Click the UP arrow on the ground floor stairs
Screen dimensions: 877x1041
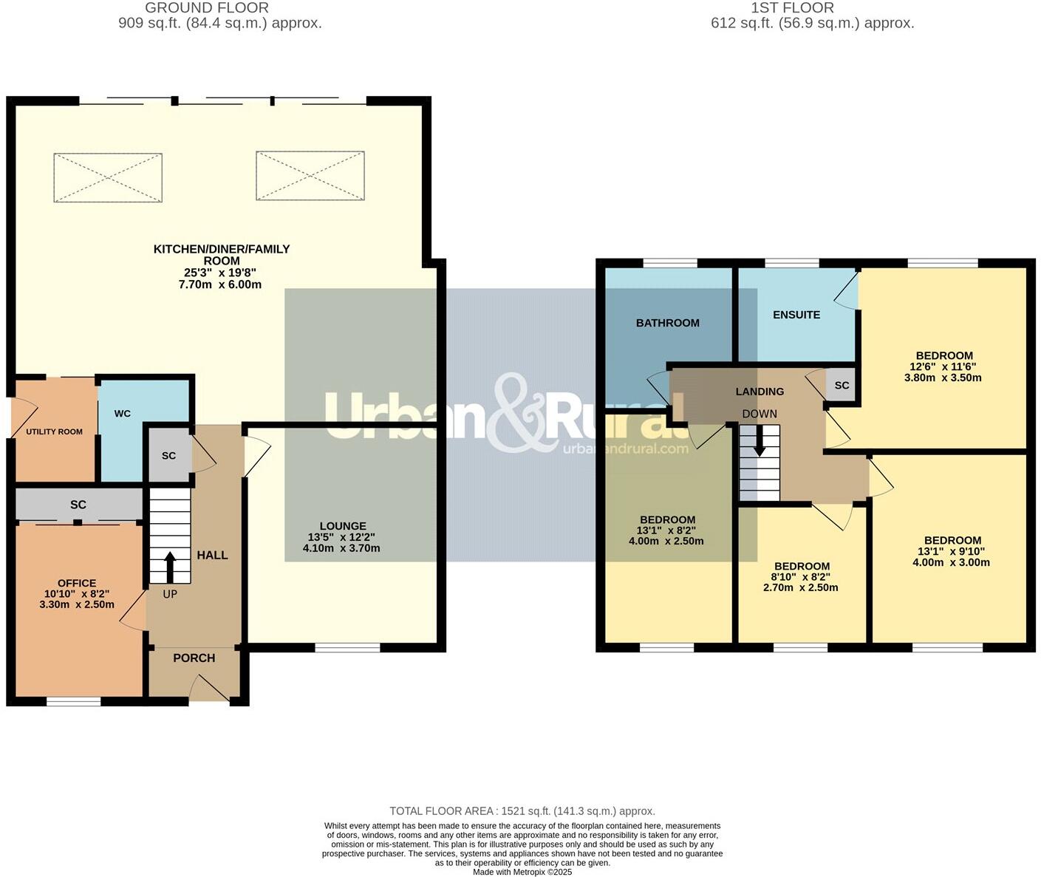click(x=170, y=568)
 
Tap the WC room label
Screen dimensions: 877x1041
click(x=123, y=414)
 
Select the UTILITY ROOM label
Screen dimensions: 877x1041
click(x=55, y=431)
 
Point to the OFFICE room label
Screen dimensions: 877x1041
click(x=77, y=583)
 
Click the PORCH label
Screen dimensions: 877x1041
click(x=194, y=658)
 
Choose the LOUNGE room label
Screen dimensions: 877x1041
click(x=342, y=526)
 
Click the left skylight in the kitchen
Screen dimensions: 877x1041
click(x=108, y=177)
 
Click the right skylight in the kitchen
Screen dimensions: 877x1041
click(x=310, y=176)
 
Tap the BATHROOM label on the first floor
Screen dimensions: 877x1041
click(x=667, y=323)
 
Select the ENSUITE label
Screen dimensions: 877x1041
click(x=796, y=315)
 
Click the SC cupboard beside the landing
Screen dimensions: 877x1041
click(x=842, y=386)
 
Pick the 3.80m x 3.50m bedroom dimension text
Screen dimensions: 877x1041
click(x=943, y=378)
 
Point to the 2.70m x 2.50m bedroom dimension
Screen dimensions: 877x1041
click(x=800, y=588)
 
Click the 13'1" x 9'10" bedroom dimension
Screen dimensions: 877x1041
click(x=952, y=551)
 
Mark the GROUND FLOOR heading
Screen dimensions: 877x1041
click(x=207, y=8)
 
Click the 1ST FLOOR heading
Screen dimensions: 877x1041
click(x=792, y=8)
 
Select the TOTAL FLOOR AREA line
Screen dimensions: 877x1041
click(x=522, y=811)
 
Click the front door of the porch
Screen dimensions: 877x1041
click(x=210, y=691)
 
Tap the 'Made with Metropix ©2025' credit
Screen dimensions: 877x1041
click(x=522, y=872)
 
